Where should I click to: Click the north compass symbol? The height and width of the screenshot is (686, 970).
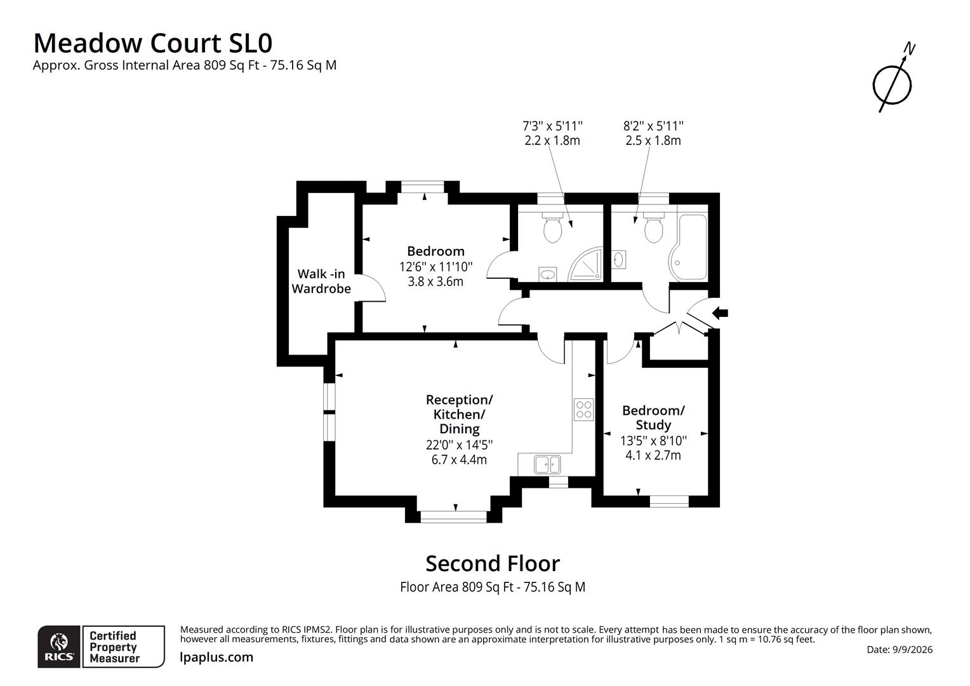tap(893, 84)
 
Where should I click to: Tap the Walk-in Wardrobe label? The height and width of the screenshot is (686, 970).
tap(321, 281)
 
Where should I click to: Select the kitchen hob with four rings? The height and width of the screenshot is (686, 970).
tap(584, 410)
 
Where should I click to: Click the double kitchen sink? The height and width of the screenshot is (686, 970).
tap(547, 465)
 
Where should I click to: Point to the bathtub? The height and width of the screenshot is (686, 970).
tap(689, 246)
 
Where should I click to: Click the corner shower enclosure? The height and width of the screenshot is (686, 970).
tap(585, 264)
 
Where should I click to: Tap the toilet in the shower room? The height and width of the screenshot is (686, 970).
tap(552, 227)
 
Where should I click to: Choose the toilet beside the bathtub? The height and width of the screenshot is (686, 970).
tap(653, 227)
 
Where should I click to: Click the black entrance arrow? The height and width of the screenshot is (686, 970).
tap(720, 313)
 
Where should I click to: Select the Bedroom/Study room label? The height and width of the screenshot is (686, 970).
tap(653, 417)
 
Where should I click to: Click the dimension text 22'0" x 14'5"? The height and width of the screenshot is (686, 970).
tap(459, 445)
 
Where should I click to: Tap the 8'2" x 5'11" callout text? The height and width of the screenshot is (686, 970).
tap(653, 126)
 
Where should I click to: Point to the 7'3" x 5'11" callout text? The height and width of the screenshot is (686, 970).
tap(552, 126)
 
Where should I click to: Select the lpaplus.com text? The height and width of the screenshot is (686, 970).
tap(216, 657)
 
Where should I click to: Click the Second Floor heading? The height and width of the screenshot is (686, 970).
tap(493, 563)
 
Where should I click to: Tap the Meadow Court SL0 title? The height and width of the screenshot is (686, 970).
tap(153, 43)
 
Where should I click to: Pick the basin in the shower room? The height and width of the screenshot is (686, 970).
tap(548, 274)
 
